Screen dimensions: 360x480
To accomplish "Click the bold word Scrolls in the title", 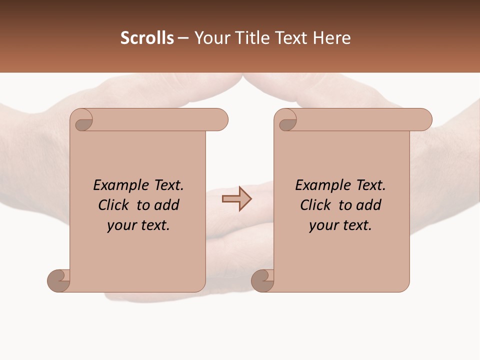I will pos(147,38).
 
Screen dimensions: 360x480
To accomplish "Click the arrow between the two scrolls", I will pos(236,198).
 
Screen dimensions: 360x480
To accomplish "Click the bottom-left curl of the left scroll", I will pos(59,281).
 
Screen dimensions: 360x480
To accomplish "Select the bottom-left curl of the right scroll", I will pos(263,281).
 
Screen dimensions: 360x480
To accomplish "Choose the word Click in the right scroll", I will pos(315,205).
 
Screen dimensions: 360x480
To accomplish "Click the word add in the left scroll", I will pos(167,205).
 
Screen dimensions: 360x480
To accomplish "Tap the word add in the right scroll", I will pos(369,205).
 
